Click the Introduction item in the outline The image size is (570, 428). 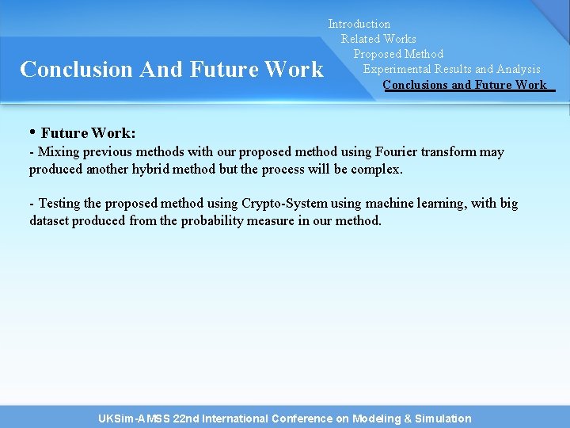coord(359,25)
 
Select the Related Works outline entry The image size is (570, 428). coord(378,39)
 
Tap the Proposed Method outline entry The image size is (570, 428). coord(398,54)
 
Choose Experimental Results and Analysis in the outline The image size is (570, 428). coord(451,69)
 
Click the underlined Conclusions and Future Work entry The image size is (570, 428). coord(465,85)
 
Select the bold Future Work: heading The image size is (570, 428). coord(88,133)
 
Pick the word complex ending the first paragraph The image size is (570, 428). coord(376,170)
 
